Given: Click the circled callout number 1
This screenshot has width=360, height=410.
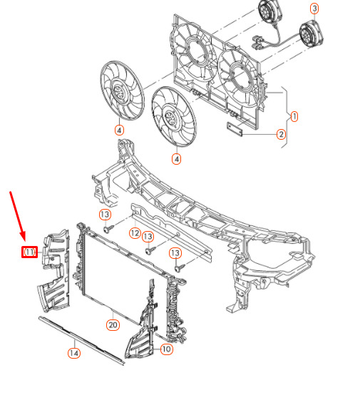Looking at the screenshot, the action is (294, 117).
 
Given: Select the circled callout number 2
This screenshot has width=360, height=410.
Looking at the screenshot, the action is (281, 134).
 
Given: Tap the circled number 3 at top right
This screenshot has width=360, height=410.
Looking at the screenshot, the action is (314, 9).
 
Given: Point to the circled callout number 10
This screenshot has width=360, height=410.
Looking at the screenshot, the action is (166, 349).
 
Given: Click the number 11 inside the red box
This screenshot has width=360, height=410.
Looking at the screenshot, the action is (29, 252).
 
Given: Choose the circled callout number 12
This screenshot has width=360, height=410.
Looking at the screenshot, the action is (135, 233).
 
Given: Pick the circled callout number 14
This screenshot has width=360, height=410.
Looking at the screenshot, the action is (74, 353).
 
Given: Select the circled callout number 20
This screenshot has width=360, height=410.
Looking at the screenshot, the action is (113, 325).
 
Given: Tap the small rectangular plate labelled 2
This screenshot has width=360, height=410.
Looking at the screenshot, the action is (235, 129).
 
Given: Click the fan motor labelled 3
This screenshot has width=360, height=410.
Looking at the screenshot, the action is (311, 34).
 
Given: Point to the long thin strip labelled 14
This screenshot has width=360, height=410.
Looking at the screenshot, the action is (81, 340).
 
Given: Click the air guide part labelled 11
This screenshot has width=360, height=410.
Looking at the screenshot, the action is (55, 271).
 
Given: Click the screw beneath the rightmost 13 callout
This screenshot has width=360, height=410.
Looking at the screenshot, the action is (180, 268).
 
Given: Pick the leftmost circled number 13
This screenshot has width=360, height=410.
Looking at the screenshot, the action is (105, 215).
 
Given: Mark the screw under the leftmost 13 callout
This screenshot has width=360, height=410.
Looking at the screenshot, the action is (108, 229).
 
